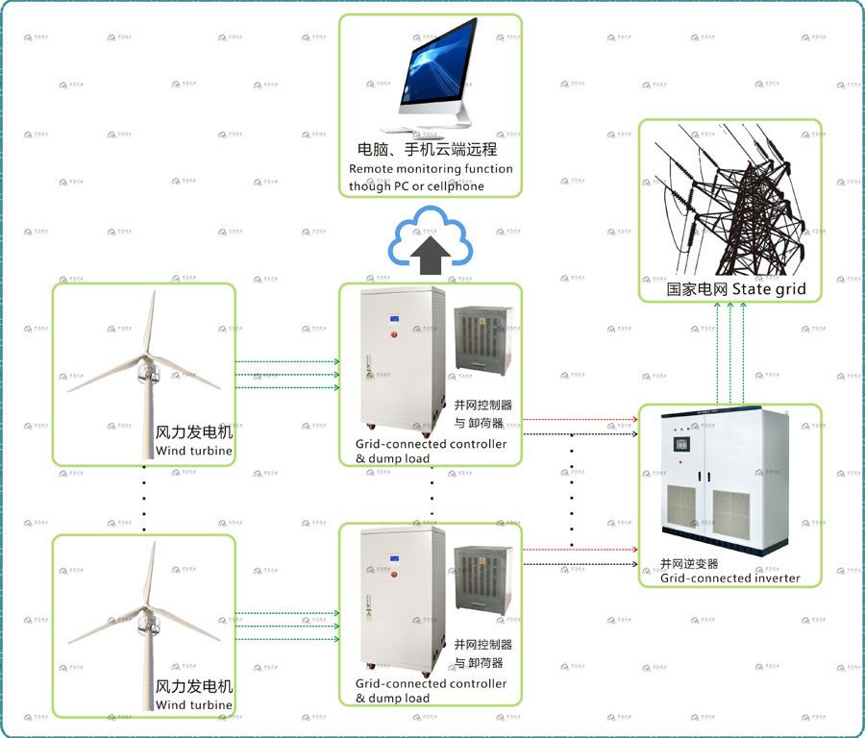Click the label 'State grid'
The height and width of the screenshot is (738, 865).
point(769,289)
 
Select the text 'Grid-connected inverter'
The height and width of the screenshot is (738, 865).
point(729,578)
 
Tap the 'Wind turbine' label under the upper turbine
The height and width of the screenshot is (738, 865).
point(194,451)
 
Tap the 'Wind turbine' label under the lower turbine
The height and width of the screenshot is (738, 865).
point(194,704)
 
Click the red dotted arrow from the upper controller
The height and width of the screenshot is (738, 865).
point(581,419)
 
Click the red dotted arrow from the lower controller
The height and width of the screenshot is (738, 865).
point(581,550)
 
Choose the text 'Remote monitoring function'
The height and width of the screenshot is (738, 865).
point(431,169)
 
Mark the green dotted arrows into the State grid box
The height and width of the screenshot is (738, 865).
point(729,352)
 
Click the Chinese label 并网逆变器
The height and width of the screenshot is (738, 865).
point(689,563)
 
